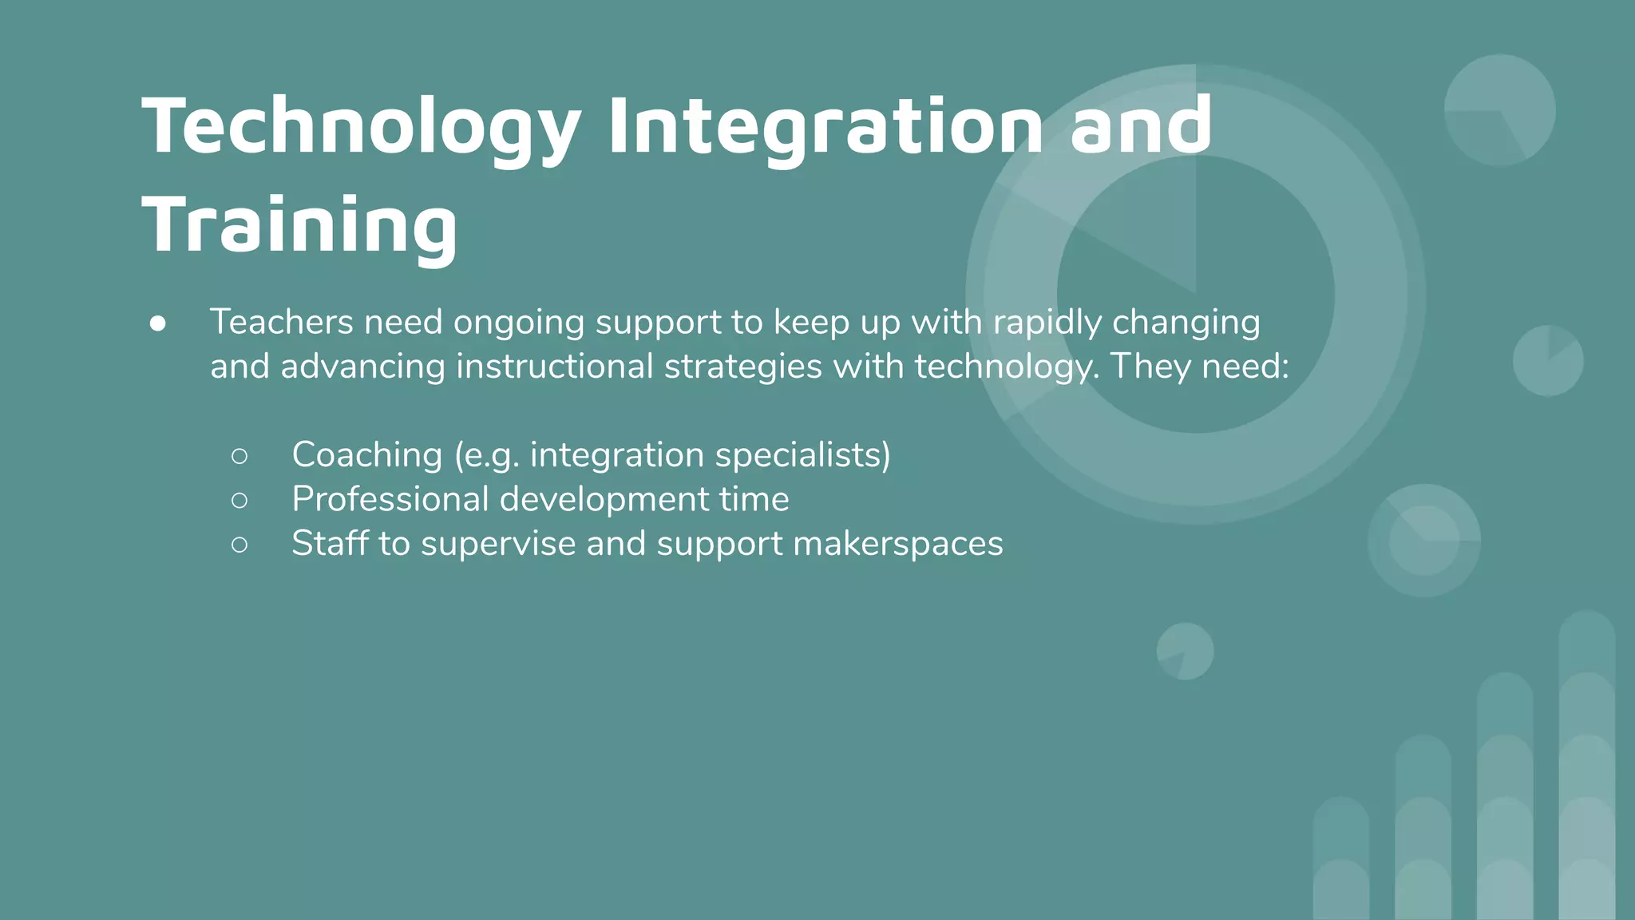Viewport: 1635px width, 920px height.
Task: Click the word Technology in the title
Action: [361, 126]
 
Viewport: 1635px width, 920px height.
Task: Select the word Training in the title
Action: [299, 225]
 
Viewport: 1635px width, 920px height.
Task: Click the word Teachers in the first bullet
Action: [281, 322]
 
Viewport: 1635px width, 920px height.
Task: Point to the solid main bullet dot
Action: [158, 323]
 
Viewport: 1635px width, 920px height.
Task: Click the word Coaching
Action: [366, 454]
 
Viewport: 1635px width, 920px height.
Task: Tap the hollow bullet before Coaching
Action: [240, 456]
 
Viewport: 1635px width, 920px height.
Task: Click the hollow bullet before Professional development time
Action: [240, 501]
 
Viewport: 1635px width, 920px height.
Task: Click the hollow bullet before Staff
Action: [240, 545]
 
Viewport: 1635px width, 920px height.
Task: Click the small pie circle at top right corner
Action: [1499, 110]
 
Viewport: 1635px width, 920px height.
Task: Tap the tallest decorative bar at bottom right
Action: [1586, 767]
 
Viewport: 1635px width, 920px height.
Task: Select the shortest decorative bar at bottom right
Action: [1341, 859]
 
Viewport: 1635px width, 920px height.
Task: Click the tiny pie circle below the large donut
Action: [1186, 651]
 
